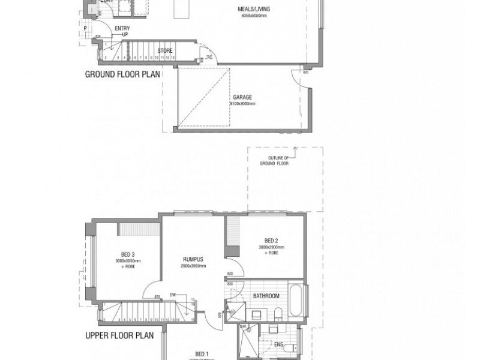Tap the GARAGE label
[x=242, y=97]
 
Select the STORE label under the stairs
[x=165, y=51]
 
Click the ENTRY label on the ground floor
[x=122, y=28]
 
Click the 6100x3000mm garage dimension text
[x=242, y=104]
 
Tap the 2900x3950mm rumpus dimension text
[x=194, y=266]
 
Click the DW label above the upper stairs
[x=173, y=295]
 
